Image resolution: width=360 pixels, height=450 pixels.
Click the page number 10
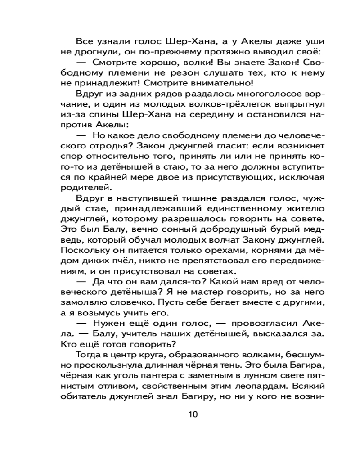point(193,415)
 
